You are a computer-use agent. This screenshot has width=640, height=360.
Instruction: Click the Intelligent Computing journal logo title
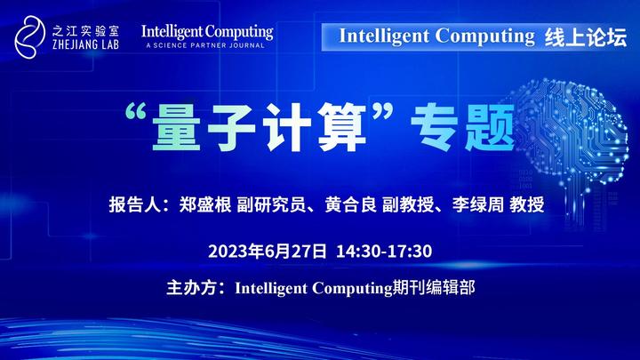[207, 31]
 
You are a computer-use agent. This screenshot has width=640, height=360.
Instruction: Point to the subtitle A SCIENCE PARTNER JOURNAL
[204, 44]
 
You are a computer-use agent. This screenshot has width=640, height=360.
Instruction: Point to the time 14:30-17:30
[384, 250]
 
